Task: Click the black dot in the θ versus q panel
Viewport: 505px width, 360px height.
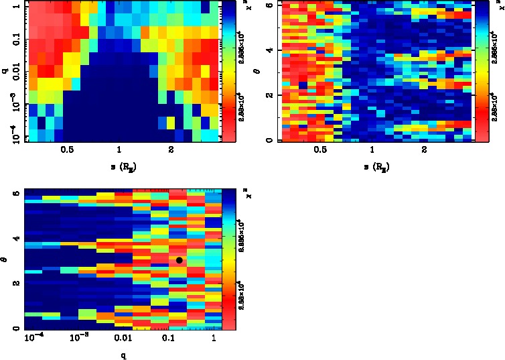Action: tap(179, 260)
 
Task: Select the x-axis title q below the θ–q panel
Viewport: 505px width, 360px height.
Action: tap(124, 355)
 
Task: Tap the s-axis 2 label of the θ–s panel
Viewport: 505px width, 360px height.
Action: tap(424, 151)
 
